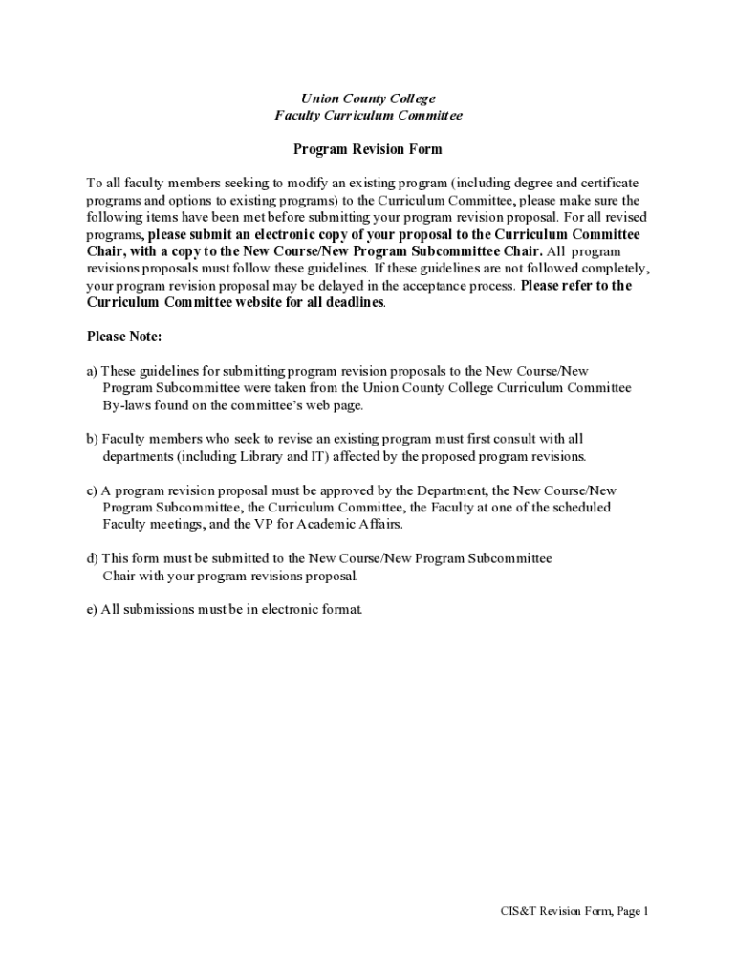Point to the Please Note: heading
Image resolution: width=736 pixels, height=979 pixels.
click(124, 337)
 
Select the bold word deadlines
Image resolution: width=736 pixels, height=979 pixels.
click(354, 302)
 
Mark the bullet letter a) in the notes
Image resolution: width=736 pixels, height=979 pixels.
click(92, 371)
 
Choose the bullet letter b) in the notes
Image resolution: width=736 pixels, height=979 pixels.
click(92, 439)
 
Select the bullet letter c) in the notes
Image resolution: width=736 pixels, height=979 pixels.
click(92, 490)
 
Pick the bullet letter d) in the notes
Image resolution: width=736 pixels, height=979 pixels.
click(92, 558)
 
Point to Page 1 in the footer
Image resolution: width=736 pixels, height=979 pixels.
click(633, 911)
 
